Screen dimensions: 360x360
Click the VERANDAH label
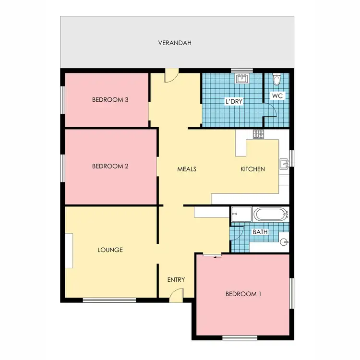point(175,43)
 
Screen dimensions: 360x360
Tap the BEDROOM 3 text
point(110,100)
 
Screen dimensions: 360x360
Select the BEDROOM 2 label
point(110,167)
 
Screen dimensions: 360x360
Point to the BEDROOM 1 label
point(243,294)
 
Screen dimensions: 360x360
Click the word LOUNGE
point(110,250)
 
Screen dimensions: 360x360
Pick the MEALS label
point(187,169)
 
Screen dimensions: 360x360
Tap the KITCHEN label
point(252,169)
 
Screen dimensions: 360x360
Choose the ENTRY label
point(176,279)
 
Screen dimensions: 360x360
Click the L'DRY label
point(234,102)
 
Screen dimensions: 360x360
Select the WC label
point(277,96)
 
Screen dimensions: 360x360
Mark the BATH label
point(260,232)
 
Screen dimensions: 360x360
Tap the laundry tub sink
point(241,78)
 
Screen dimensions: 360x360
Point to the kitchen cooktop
point(259,134)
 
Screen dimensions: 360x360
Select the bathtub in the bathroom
point(269,214)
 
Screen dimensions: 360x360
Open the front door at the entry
point(176,298)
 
